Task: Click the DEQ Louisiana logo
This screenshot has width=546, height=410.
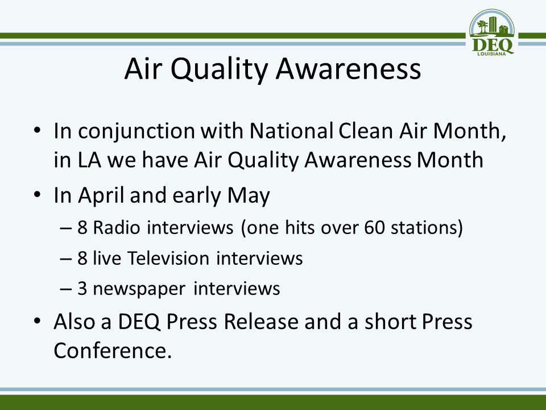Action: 491,32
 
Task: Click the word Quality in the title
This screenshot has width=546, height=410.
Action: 219,69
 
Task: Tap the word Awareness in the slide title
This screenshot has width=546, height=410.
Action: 348,68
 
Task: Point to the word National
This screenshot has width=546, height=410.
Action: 291,130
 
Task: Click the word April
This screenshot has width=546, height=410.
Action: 101,196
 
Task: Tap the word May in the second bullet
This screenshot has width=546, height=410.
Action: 249,196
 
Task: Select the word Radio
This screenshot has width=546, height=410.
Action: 116,227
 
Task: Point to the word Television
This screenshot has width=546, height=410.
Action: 168,259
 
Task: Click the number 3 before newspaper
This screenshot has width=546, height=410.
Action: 82,289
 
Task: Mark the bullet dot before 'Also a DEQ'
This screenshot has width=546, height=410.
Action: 38,321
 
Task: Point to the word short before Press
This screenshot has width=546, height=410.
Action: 390,321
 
